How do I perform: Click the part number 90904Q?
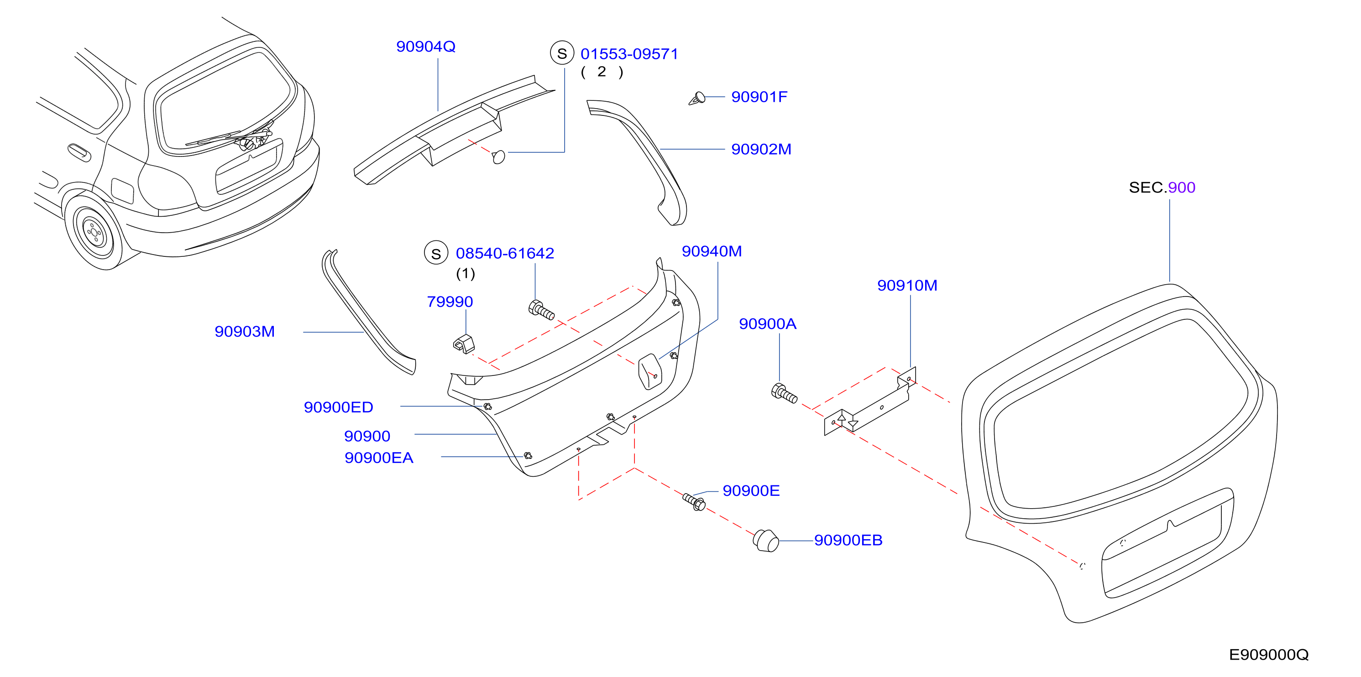click(x=425, y=47)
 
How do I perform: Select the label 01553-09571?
click(x=629, y=54)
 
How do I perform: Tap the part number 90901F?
click(x=759, y=97)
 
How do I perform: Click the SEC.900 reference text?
click(x=1162, y=187)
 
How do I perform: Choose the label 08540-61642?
click(x=505, y=254)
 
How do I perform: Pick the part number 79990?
click(x=450, y=302)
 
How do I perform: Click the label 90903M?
click(x=245, y=332)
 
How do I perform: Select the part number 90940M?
click(x=712, y=251)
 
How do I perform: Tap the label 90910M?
click(x=907, y=286)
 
